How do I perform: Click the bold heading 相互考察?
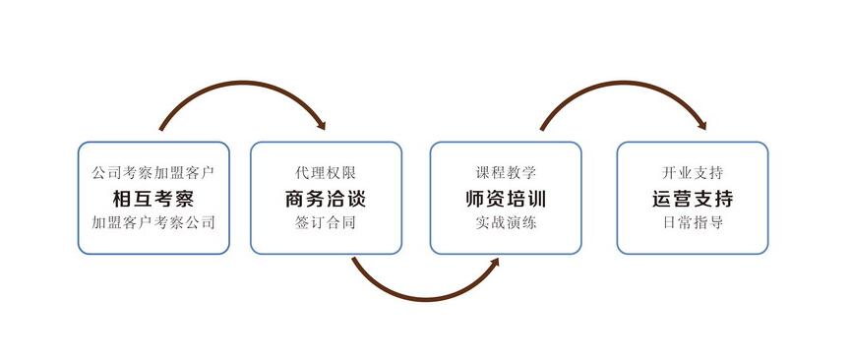coord(152,199)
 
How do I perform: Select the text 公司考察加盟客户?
coord(152,173)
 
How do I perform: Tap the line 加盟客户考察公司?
coord(152,222)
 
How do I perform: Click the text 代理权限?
coord(326,173)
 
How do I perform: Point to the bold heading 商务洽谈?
coord(326,199)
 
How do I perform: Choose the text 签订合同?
coord(326,222)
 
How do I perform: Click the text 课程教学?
coord(506,173)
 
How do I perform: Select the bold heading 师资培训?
coord(506,199)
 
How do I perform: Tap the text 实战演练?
coord(506,222)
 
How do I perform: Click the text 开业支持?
coord(693,173)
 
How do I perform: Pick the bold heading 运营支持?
coord(693,199)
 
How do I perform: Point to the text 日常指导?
coord(693,222)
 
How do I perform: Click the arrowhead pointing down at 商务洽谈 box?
coord(320,125)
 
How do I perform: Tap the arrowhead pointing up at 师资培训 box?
coord(494,261)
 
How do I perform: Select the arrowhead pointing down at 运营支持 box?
coord(700,125)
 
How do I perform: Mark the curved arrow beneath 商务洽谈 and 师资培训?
coord(423,298)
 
